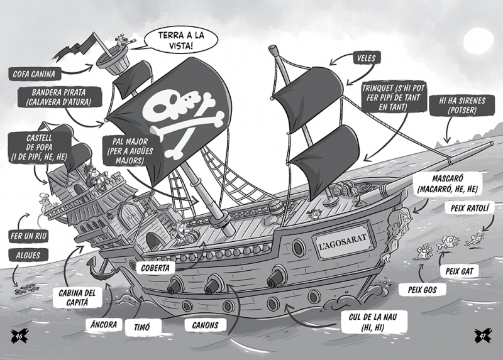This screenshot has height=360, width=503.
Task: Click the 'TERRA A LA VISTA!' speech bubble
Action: (x=180, y=40)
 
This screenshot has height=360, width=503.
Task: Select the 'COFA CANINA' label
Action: (x=34, y=74)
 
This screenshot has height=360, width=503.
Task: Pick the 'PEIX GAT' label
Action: (x=460, y=271)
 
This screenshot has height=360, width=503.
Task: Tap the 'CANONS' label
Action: (x=206, y=325)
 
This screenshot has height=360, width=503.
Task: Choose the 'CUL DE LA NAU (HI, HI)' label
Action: (x=373, y=322)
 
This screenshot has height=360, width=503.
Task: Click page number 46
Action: (x=19, y=335)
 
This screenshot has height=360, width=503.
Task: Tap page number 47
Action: (x=483, y=335)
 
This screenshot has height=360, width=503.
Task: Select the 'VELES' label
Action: (x=367, y=58)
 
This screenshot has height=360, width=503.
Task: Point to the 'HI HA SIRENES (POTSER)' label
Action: (x=462, y=106)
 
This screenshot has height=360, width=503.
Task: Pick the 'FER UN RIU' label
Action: (x=28, y=237)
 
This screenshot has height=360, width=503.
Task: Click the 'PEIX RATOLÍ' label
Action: (x=470, y=208)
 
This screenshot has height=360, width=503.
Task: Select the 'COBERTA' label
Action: (x=155, y=268)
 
